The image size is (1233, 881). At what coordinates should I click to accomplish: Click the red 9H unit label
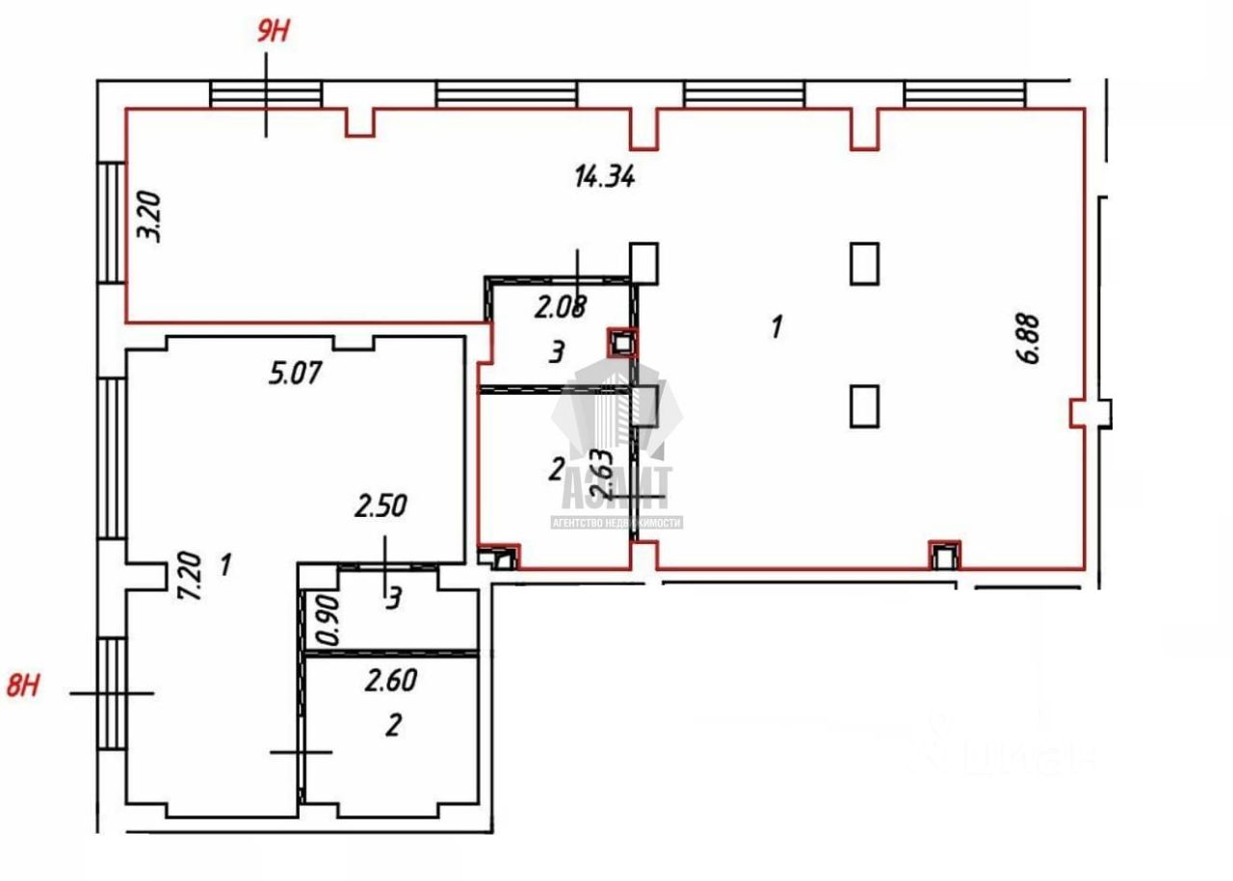272,31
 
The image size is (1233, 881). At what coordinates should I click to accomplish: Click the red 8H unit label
25,687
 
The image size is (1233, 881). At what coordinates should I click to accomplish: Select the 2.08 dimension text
561,308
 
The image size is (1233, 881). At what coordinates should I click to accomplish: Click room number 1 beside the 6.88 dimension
775,327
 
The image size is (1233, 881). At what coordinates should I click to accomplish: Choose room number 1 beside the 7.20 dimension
224,564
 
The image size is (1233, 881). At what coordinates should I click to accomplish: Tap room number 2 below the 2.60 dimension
392,725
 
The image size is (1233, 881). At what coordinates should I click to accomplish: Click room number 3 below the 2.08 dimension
556,353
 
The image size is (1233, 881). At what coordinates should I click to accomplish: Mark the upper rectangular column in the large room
865,263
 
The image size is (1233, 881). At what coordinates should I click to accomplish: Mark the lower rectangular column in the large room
865,405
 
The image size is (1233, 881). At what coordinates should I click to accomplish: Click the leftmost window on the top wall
265,94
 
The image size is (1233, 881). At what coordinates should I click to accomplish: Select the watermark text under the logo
616,523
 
